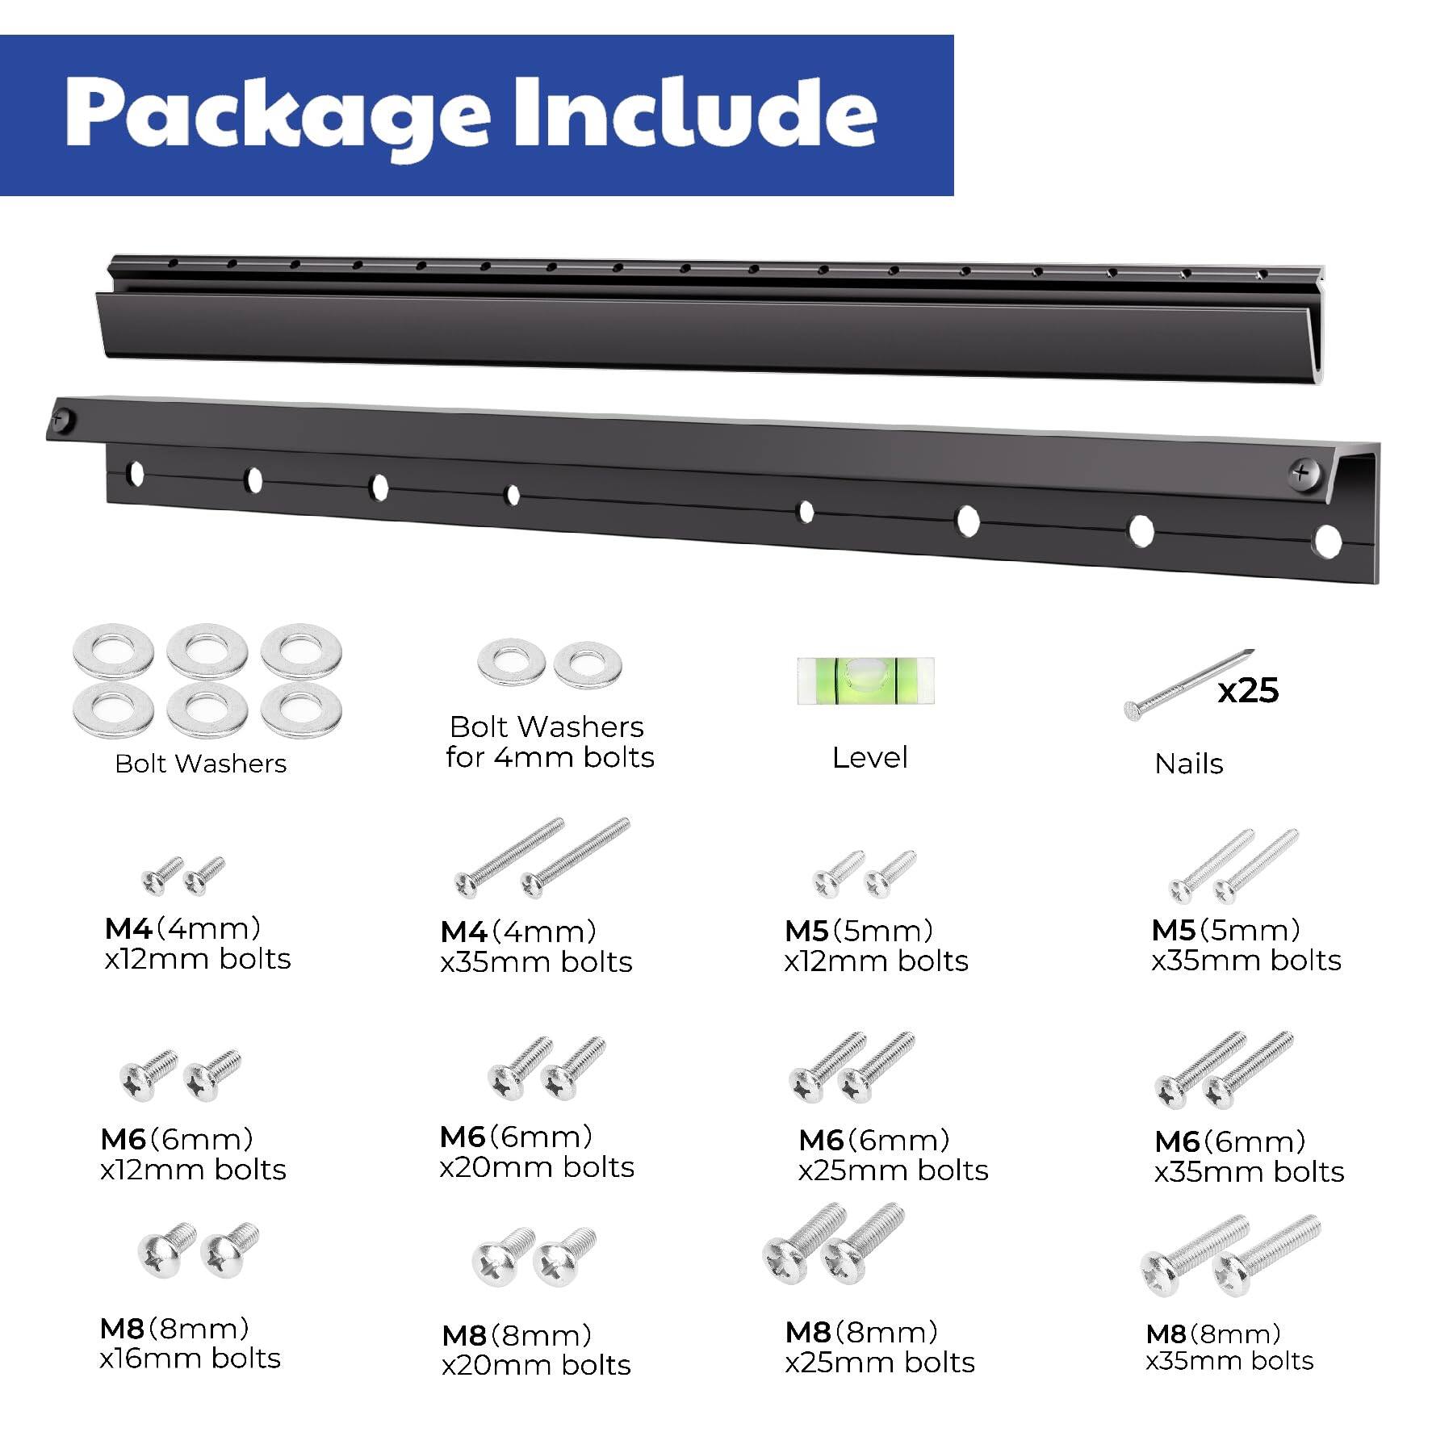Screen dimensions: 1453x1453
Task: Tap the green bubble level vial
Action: [865, 680]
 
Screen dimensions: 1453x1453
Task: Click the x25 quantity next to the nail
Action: [1247, 690]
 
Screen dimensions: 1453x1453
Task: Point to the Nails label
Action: [1188, 764]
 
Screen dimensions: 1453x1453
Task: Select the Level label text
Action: [869, 757]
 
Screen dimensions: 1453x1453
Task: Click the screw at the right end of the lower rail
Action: [1302, 472]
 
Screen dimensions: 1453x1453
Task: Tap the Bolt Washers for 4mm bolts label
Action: [549, 742]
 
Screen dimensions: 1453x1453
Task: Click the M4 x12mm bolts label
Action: [197, 944]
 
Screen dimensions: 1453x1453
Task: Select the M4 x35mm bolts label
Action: [536, 947]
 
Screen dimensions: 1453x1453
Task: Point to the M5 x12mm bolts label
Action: [876, 945]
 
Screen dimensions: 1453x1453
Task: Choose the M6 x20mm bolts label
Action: [536, 1152]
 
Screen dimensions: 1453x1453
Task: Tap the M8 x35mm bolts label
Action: [1229, 1347]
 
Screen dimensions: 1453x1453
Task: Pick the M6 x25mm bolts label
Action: [893, 1155]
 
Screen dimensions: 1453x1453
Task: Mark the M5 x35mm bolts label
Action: [1246, 945]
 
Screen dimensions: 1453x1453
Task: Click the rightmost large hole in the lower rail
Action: [1326, 542]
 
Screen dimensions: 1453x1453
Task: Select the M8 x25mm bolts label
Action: [879, 1347]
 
